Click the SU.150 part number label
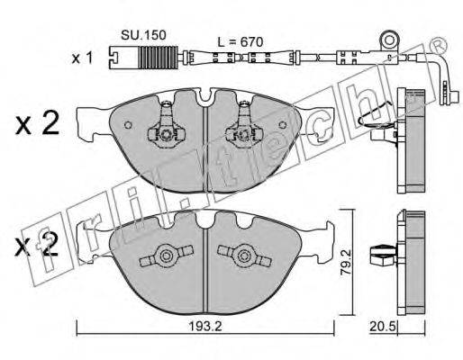click(143, 35)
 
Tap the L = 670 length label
click(241, 42)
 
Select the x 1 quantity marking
click(82, 58)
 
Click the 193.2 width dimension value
click(205, 326)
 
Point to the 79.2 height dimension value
click(347, 262)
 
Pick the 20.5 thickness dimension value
click(384, 327)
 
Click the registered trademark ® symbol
click(438, 45)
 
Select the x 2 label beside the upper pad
click(37, 124)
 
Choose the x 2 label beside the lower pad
click(36, 246)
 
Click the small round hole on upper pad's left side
click(128, 125)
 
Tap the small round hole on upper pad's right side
click(283, 125)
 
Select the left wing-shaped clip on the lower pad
click(166, 256)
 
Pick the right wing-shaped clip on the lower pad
click(244, 256)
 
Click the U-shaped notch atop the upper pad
click(205, 96)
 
